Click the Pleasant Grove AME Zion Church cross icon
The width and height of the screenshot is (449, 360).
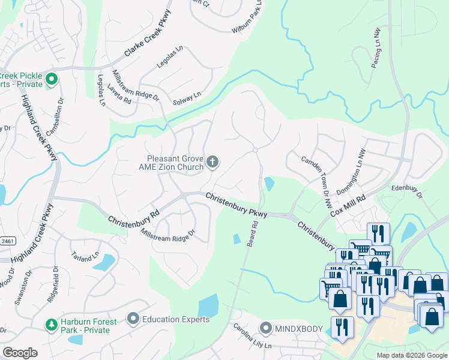click(212, 161)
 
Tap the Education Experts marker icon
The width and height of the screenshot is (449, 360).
click(133, 318)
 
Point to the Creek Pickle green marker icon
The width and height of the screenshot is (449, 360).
click(52, 79)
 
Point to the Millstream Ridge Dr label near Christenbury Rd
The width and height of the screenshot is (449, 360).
click(168, 232)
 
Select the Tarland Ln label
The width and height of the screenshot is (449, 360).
click(85, 257)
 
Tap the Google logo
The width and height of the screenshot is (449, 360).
click(20, 352)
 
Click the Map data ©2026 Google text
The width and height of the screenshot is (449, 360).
click(411, 355)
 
